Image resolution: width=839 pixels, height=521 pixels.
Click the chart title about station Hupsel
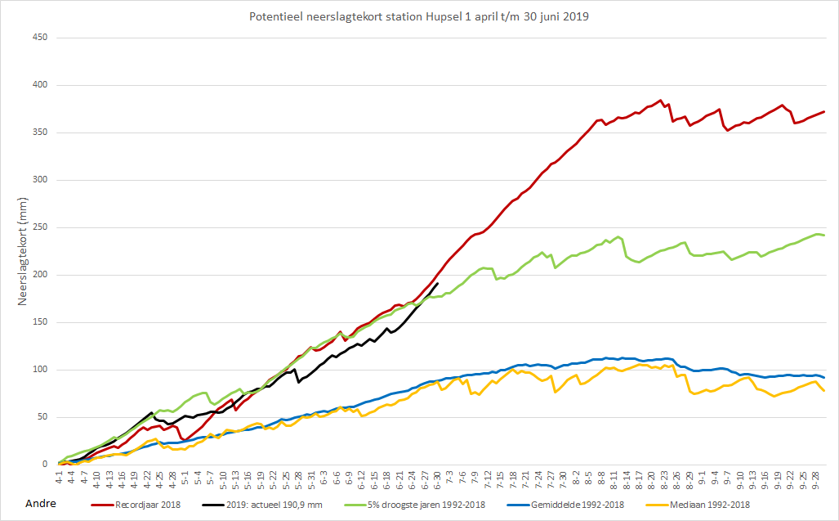pyautogui.click(x=419, y=16)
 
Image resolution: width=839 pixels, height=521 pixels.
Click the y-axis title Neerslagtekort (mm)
pyautogui.click(x=22, y=251)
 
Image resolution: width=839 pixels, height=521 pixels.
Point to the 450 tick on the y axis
pyautogui.click(x=40, y=38)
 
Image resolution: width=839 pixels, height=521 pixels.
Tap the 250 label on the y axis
pyautogui.click(x=40, y=227)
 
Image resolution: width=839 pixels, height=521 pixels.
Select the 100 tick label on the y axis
pyautogui.click(x=40, y=370)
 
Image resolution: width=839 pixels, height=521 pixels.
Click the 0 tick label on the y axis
pyautogui.click(x=45, y=465)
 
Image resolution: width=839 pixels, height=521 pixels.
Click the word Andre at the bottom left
pyautogui.click(x=41, y=504)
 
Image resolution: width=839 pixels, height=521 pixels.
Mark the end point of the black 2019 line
pyautogui.click(x=438, y=283)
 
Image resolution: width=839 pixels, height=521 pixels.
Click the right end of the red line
pyautogui.click(x=824, y=112)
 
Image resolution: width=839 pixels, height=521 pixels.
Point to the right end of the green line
pyautogui.click(x=824, y=235)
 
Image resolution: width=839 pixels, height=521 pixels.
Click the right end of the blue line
pyautogui.click(x=824, y=378)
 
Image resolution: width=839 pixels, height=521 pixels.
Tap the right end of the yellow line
pyautogui.click(x=824, y=391)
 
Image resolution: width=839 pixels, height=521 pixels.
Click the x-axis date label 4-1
pyautogui.click(x=59, y=475)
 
